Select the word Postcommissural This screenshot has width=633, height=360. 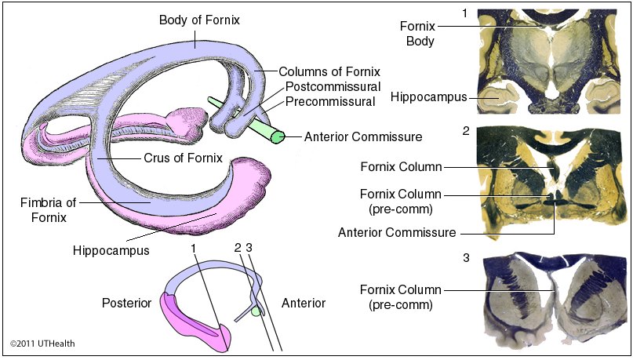tap(333, 86)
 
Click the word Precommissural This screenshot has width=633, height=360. tap(330, 100)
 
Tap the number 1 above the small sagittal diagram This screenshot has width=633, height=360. tap(192, 248)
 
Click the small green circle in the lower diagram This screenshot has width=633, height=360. tap(256, 311)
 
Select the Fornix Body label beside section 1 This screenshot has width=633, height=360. tap(420, 33)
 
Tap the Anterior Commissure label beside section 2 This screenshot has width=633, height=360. tap(397, 233)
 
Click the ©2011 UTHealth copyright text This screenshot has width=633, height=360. tap(43, 344)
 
